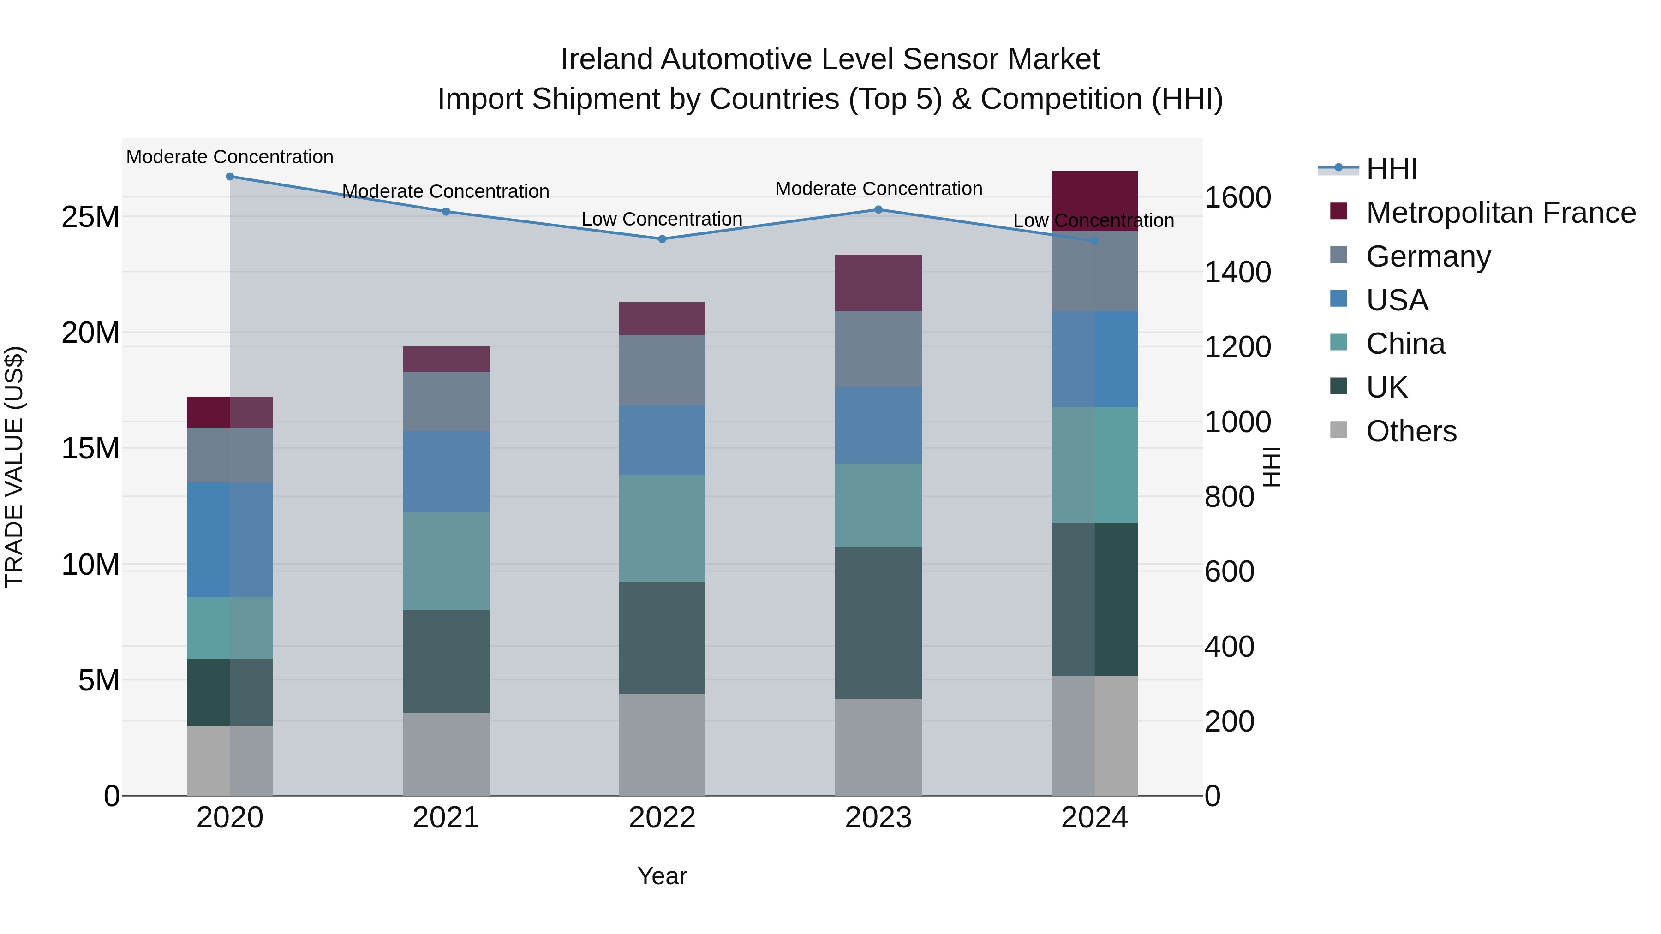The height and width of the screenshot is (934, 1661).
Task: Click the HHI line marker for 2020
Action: (x=230, y=177)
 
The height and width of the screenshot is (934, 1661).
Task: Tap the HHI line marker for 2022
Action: (x=662, y=239)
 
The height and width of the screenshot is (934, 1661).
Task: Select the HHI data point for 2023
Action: (x=878, y=209)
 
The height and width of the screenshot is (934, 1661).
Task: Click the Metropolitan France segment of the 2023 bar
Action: (x=878, y=283)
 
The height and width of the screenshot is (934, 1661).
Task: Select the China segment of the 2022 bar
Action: (x=662, y=529)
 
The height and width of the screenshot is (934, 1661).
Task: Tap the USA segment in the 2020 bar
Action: (x=230, y=540)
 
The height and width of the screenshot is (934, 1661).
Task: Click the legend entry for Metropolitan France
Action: (x=1500, y=213)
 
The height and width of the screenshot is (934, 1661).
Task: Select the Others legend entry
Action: (x=1411, y=431)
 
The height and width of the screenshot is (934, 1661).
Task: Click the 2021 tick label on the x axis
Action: (x=446, y=818)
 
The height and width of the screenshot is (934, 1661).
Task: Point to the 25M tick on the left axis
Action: (x=90, y=217)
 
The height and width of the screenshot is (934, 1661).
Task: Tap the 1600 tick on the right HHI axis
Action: (x=1237, y=197)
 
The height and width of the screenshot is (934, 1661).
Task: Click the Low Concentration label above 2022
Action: (x=662, y=219)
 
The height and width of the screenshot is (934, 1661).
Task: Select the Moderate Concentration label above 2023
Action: (x=878, y=189)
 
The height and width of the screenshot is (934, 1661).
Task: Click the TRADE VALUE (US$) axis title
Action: (x=14, y=467)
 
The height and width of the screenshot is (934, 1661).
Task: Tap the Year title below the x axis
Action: (x=662, y=876)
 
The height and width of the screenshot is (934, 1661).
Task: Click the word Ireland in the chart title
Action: (x=607, y=59)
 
